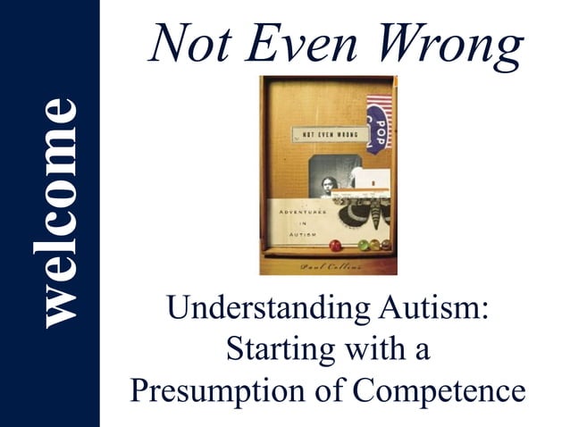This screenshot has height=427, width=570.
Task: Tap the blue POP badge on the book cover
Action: point(375,130)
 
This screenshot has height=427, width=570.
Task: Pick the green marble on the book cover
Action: point(364,244)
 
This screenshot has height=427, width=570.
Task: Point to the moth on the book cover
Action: point(362,213)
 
